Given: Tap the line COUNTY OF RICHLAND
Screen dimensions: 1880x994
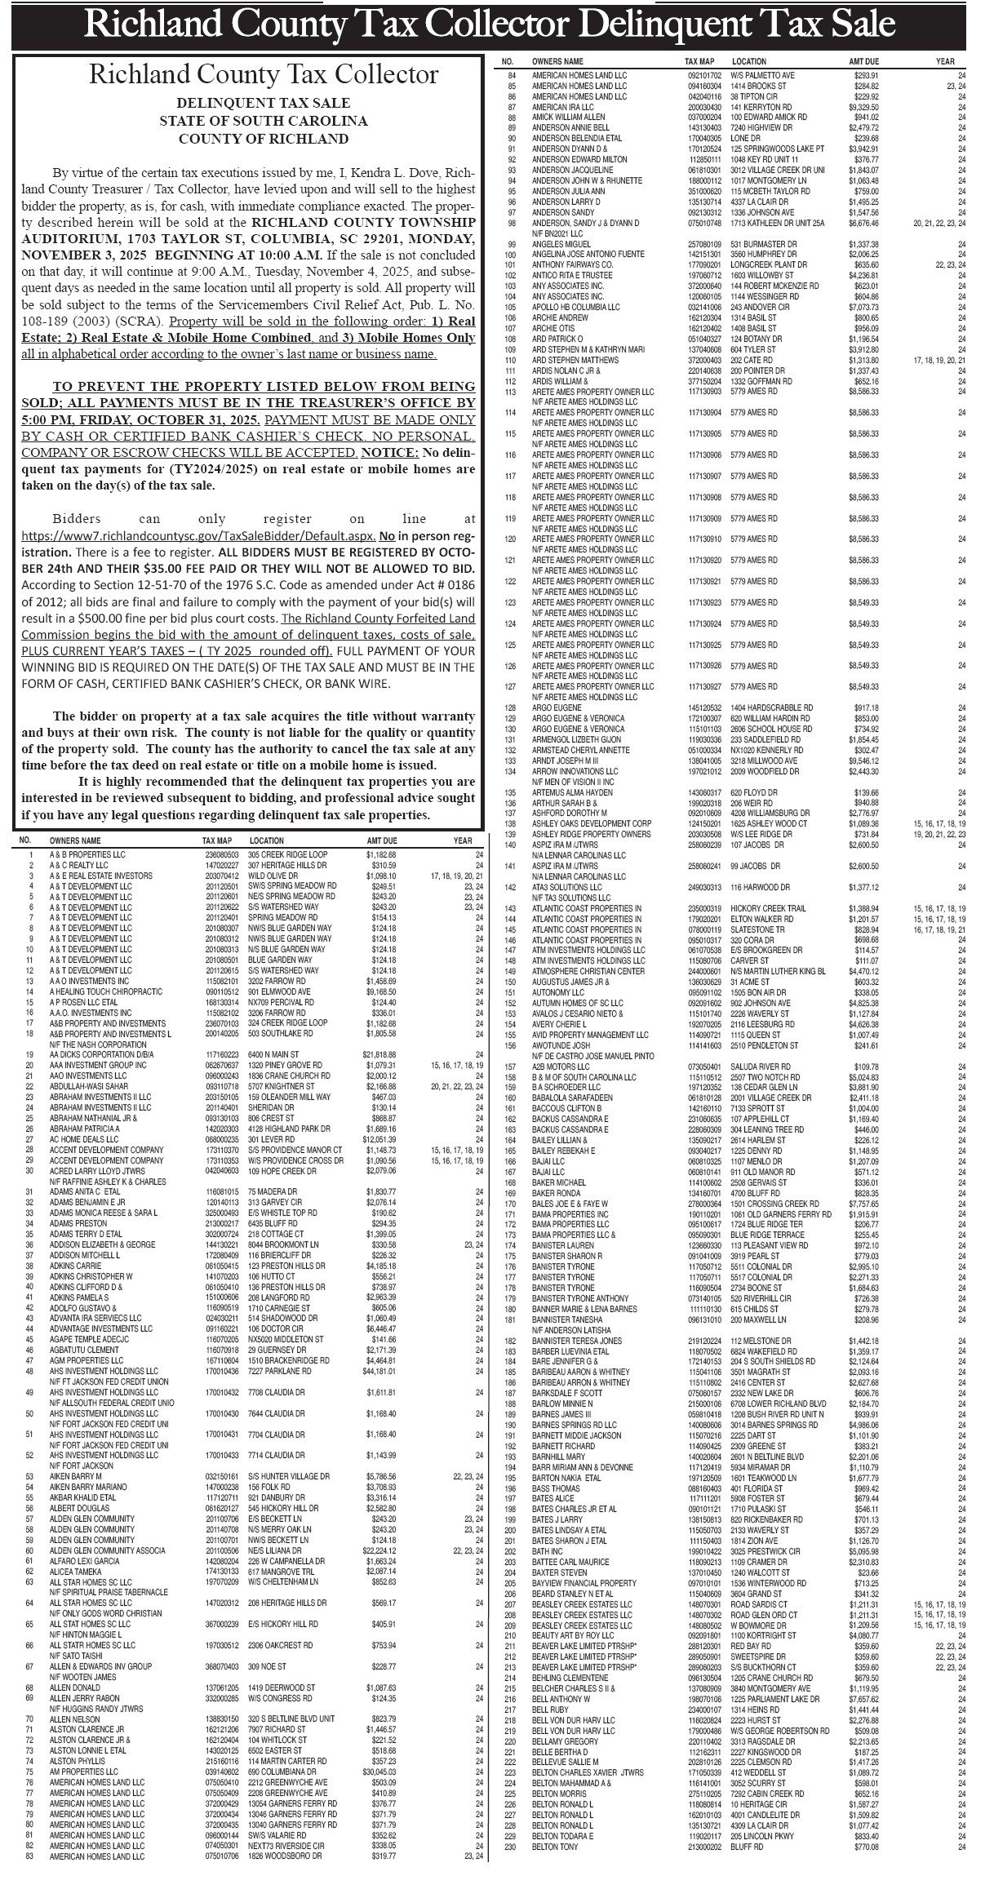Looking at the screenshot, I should [264, 139].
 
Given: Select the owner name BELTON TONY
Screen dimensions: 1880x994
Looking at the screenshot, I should [554, 1863].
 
